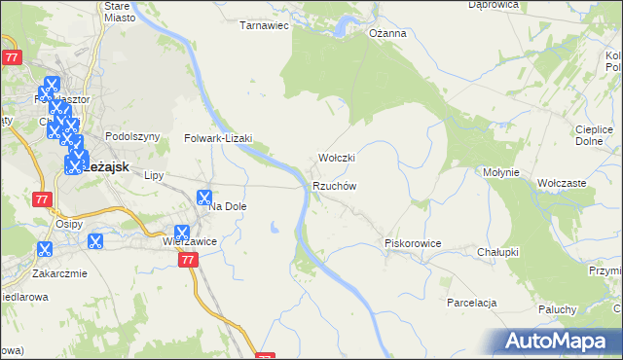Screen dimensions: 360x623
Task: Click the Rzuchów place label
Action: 336,186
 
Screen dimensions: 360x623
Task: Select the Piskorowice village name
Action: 414,243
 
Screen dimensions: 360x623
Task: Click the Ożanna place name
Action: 386,33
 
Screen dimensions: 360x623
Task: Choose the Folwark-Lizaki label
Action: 218,139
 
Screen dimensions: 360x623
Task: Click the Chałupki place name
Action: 497,252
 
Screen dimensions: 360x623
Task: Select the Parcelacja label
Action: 473,303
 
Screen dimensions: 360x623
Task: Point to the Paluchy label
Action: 558,310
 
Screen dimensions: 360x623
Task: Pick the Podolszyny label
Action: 131,137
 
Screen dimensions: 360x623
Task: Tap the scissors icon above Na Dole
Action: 204,198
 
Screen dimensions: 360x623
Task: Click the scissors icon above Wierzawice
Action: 181,233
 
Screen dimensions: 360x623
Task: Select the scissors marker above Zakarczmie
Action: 44,248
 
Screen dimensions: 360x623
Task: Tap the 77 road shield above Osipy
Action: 41,199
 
